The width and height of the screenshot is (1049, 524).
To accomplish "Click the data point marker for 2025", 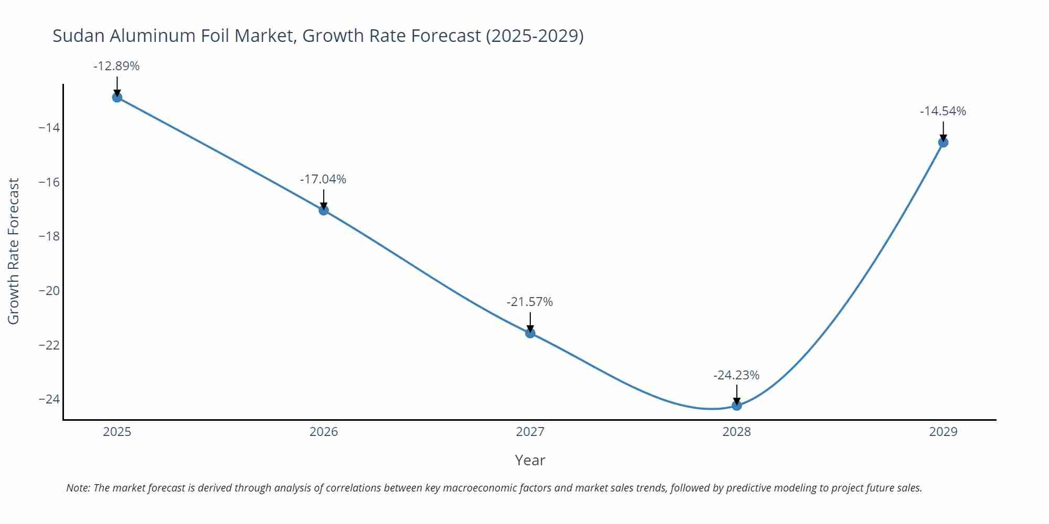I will [x=117, y=97].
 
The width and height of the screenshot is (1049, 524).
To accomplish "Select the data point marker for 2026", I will [x=324, y=210].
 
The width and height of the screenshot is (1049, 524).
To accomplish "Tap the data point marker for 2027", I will [x=530, y=333].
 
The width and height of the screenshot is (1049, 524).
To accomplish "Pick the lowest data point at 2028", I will [x=736, y=405].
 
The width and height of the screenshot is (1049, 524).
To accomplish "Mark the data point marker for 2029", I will [x=943, y=142].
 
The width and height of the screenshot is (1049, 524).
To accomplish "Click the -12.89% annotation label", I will [x=116, y=67].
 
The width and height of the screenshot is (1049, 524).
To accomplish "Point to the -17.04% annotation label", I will [x=323, y=179].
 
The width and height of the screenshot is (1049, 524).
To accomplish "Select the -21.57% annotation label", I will [x=530, y=302].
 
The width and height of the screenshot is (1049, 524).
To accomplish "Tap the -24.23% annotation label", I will [x=736, y=375].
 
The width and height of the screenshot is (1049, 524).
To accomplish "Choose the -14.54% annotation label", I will [x=943, y=111].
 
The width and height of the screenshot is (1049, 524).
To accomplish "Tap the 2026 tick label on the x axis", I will [x=324, y=432].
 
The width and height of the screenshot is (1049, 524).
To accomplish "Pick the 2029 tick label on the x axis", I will [x=943, y=432].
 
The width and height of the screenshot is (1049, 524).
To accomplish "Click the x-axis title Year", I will [x=530, y=460].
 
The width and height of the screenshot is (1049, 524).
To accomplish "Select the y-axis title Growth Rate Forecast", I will [x=14, y=251].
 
